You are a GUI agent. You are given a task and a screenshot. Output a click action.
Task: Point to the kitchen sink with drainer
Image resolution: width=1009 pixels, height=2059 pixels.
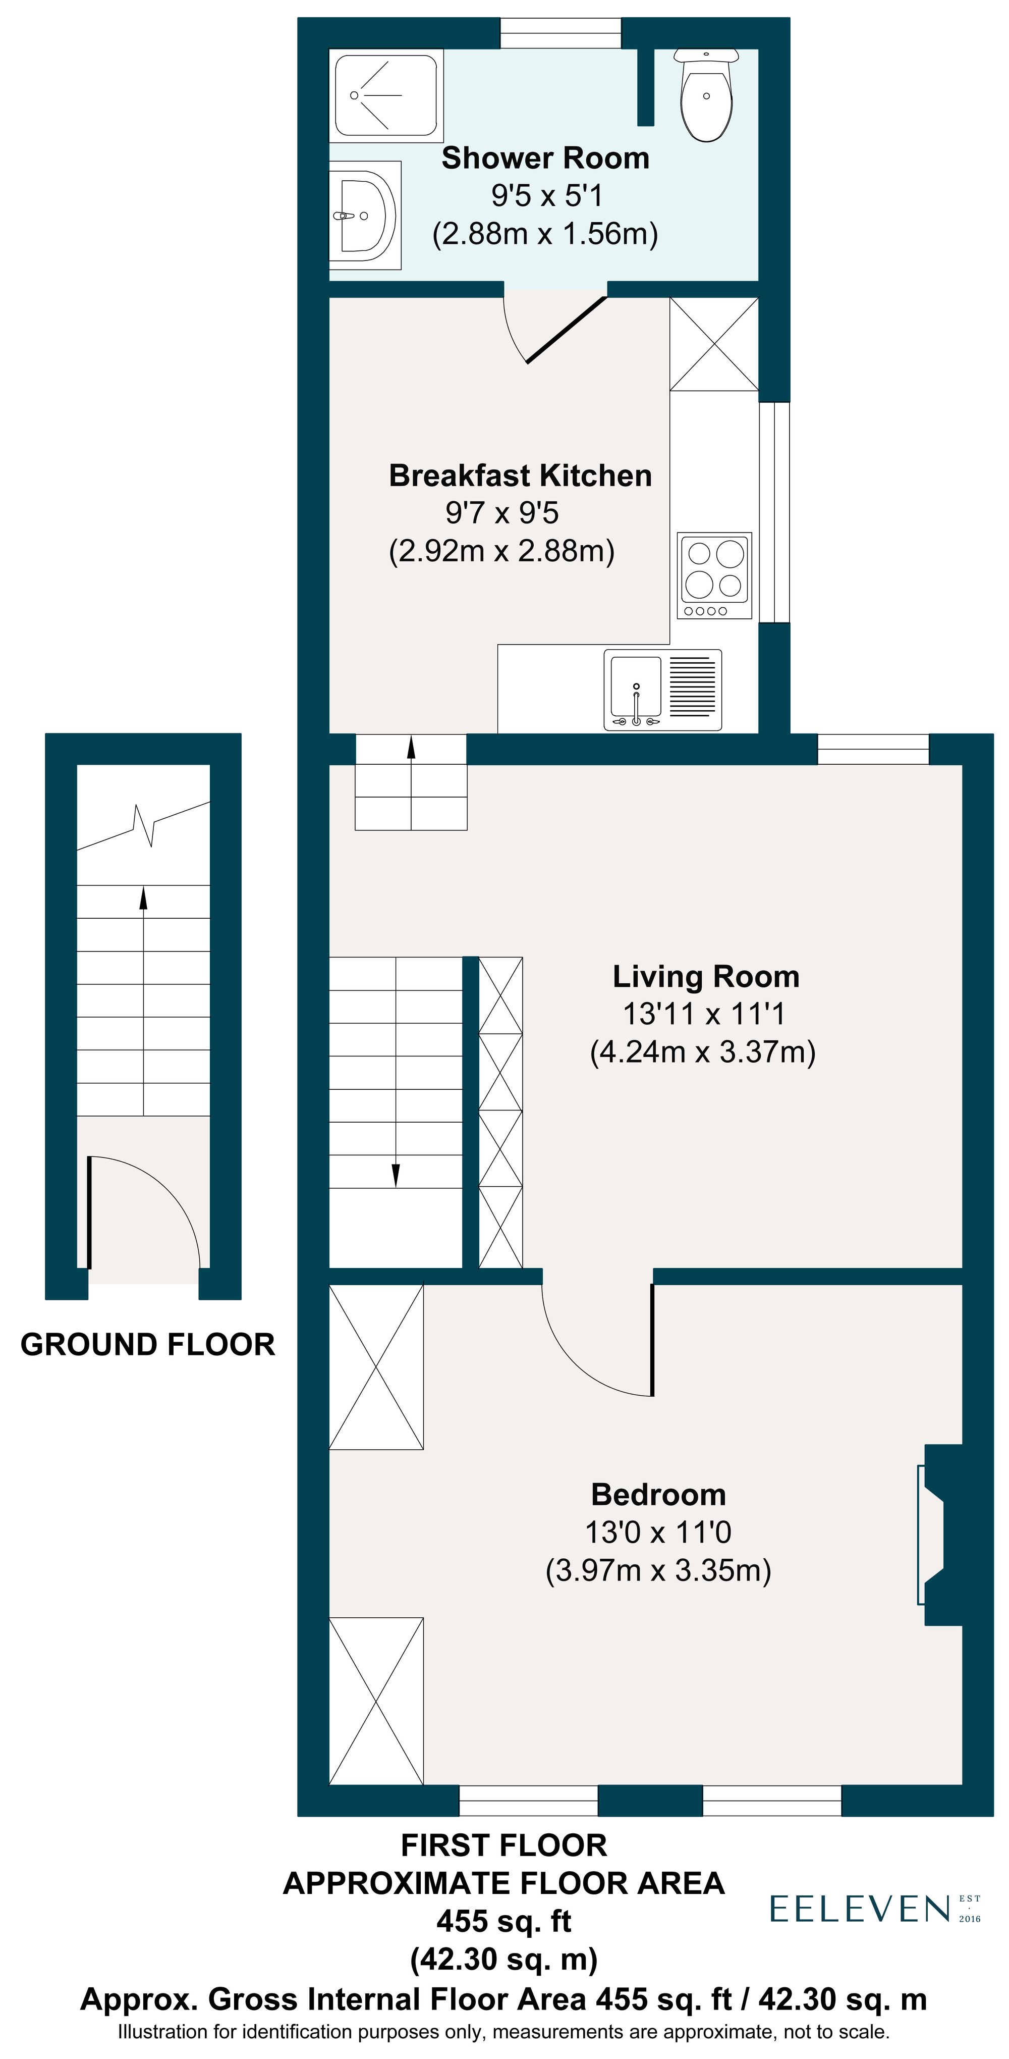[x=662, y=689]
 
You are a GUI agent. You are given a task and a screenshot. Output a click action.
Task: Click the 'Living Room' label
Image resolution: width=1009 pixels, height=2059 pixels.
[x=705, y=976]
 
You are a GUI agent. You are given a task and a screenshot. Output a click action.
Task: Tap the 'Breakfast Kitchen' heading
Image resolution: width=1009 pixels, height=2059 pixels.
[x=520, y=476]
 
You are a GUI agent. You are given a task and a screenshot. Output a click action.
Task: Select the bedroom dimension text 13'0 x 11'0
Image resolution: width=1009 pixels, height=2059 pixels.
[x=657, y=1532]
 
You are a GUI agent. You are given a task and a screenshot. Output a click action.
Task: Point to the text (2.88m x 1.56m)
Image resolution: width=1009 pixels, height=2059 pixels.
[x=545, y=233]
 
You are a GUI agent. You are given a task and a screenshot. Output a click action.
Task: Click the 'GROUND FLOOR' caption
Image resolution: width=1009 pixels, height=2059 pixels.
[x=148, y=1344]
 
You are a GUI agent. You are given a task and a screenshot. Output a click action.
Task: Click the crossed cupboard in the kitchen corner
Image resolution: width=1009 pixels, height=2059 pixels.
[x=713, y=344]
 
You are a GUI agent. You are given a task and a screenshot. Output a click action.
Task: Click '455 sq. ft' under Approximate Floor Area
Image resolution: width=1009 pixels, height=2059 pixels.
[x=503, y=1921]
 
